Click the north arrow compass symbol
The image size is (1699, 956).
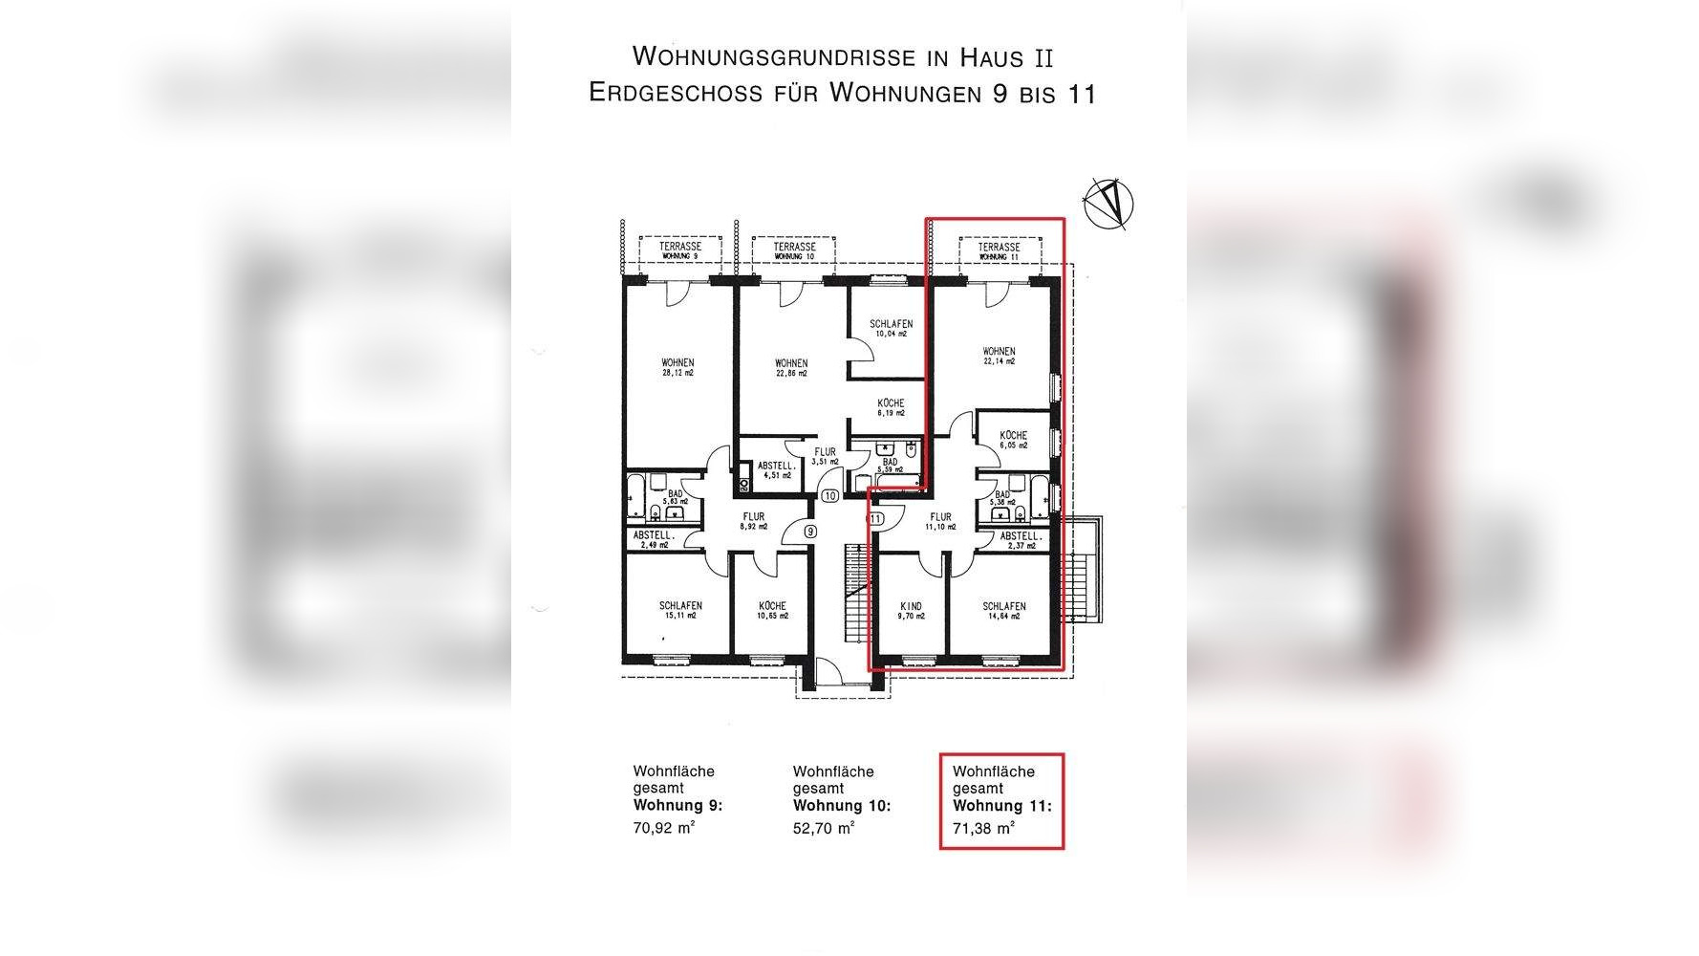tap(1108, 202)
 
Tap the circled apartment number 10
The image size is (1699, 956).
tap(829, 495)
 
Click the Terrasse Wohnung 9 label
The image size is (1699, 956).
tap(680, 251)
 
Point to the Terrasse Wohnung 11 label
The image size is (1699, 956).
tap(999, 251)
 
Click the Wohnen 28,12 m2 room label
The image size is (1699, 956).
tap(677, 368)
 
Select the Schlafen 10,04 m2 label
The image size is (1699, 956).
tap(891, 329)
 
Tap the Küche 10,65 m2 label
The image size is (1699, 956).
tap(772, 610)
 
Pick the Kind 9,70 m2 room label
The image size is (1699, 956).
tap(911, 611)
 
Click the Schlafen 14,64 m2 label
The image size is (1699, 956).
tap(1003, 611)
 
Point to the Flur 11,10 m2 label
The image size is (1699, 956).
tap(940, 522)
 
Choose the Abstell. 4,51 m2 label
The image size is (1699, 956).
tap(775, 470)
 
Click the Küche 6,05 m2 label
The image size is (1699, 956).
tap(1013, 440)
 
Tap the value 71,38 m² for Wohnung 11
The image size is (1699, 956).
tap(983, 829)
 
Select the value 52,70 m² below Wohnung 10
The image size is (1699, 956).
tap(823, 829)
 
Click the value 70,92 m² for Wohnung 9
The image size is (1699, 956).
tap(663, 829)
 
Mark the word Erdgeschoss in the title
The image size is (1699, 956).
tap(676, 93)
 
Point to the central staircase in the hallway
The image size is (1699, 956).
tap(854, 593)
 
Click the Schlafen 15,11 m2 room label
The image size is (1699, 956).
tap(680, 610)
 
